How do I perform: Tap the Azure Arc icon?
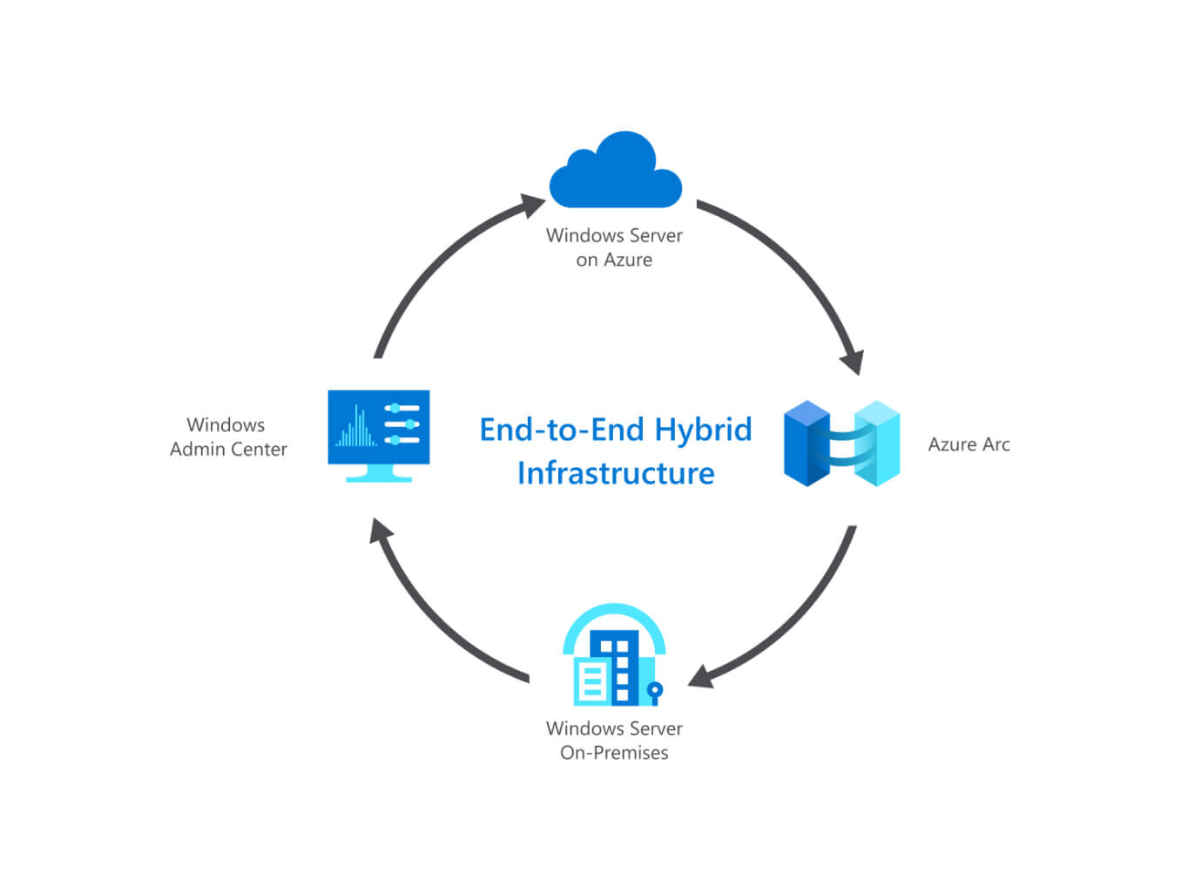pos(841,443)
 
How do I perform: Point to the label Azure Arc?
pos(968,444)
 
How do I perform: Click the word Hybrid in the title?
pos(703,430)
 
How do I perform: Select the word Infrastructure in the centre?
pos(616,473)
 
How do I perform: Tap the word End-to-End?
pos(562,430)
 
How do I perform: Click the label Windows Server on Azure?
pos(614,247)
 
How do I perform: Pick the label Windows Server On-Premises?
pos(614,741)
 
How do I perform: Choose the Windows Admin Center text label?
pos(227,437)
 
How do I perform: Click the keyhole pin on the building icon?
pos(655,691)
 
